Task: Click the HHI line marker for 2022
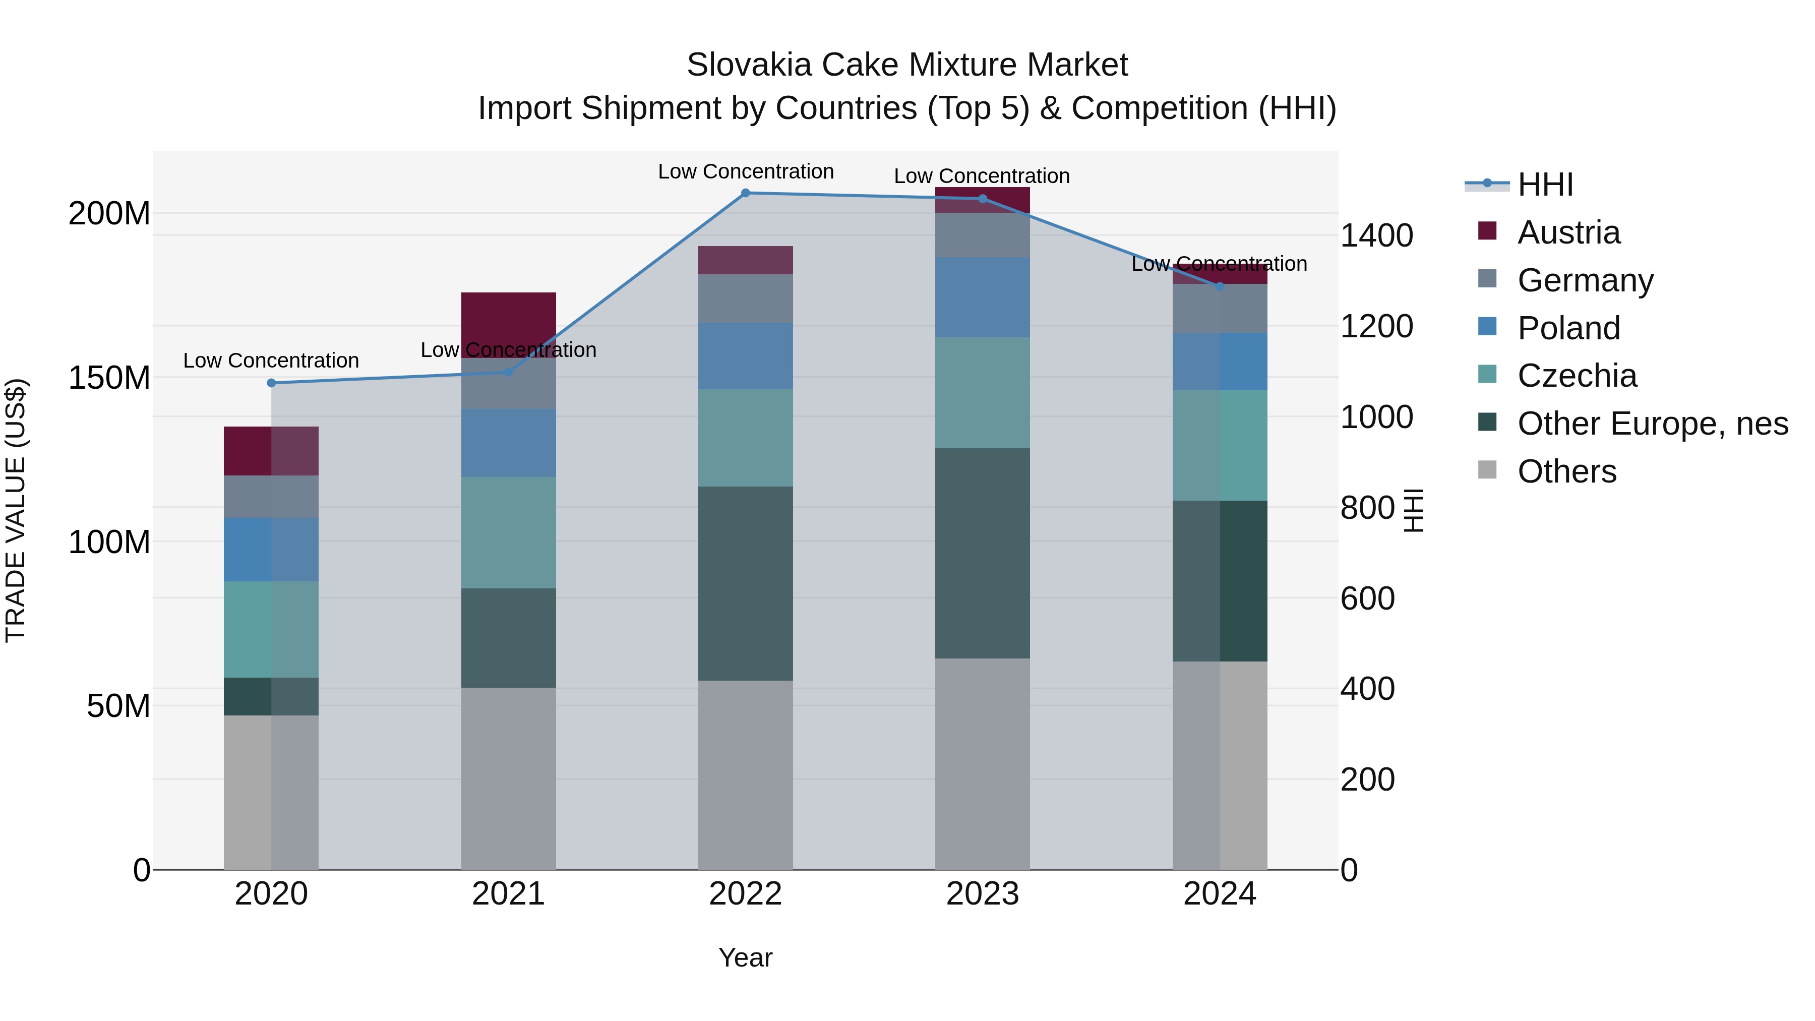click(x=746, y=193)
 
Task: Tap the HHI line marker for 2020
click(x=271, y=383)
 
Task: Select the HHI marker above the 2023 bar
click(x=983, y=199)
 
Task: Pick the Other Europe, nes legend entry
click(x=1652, y=424)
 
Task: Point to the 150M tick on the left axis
click(x=109, y=378)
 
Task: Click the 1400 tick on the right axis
click(x=1376, y=235)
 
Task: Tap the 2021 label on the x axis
click(x=508, y=894)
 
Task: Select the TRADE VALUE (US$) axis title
click(x=16, y=510)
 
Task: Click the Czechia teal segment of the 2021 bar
click(x=508, y=533)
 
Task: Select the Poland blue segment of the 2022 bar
click(x=746, y=356)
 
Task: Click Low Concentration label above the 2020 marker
click(x=271, y=361)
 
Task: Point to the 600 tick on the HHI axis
click(x=1367, y=599)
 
